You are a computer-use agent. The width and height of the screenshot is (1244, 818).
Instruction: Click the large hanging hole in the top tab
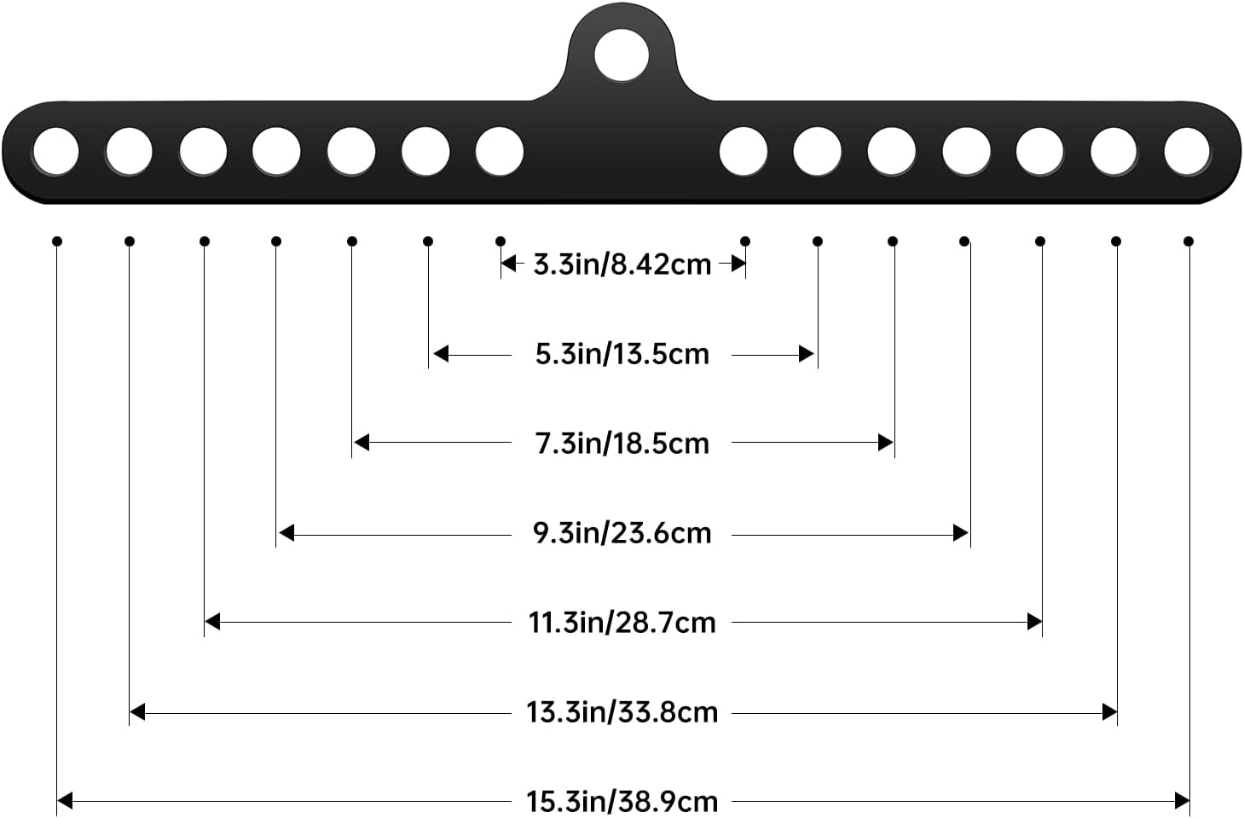point(622,55)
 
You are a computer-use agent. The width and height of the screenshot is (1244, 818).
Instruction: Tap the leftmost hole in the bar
point(56,151)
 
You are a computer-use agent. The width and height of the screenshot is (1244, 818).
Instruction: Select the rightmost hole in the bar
point(1187,151)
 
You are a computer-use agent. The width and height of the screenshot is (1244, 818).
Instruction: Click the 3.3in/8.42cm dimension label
point(622,264)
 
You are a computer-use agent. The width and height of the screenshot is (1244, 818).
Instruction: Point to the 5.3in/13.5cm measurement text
point(622,354)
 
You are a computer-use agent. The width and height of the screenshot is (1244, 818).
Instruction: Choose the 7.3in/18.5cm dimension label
point(622,444)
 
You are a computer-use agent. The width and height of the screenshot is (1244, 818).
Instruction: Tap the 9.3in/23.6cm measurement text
point(622,533)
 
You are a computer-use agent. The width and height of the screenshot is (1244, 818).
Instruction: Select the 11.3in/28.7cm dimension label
point(622,623)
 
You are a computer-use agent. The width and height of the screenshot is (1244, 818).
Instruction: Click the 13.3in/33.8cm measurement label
point(622,712)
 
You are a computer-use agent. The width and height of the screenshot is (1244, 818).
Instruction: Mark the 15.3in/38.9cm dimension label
point(622,801)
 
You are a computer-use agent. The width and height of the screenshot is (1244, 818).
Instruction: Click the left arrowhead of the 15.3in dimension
point(65,801)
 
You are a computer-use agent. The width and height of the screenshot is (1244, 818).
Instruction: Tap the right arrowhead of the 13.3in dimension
point(1109,712)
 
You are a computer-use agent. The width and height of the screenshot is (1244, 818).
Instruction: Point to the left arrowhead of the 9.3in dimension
point(286,533)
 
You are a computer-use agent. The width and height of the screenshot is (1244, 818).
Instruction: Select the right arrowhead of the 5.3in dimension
point(807,354)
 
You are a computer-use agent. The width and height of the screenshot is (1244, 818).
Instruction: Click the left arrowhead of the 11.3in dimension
point(212,622)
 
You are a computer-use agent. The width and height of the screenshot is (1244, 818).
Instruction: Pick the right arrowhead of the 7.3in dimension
point(886,443)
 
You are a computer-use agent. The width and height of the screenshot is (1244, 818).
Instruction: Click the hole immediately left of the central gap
point(500,151)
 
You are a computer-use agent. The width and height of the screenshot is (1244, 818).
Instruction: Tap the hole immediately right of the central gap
point(743,151)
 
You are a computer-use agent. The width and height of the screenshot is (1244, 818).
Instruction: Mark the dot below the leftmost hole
point(56,241)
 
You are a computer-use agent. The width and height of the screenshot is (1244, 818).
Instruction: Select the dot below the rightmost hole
point(1189,241)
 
